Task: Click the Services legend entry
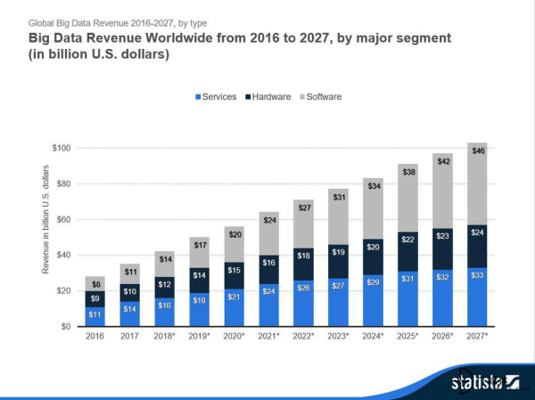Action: [x=218, y=96]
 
